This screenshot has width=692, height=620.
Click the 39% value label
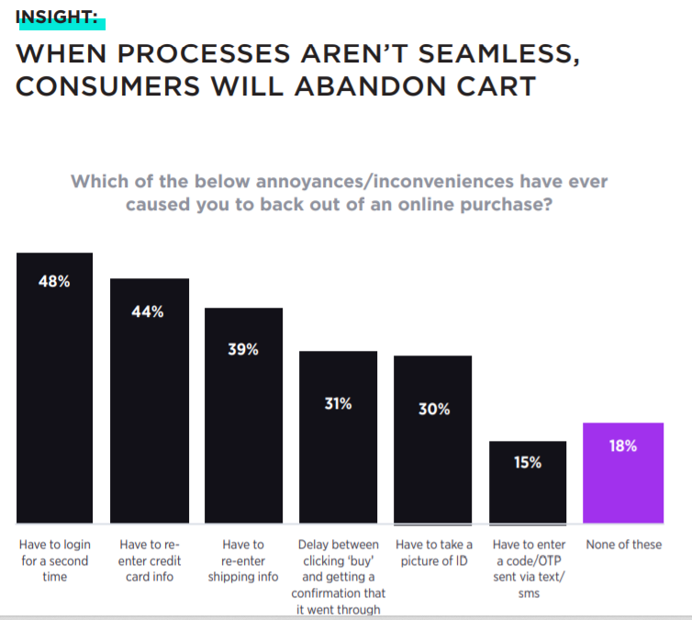pyautogui.click(x=243, y=350)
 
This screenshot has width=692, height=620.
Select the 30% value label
pyautogui.click(x=433, y=410)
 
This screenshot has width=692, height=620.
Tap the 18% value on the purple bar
pyautogui.click(x=623, y=445)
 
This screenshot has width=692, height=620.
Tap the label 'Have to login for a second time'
pyautogui.click(x=54, y=560)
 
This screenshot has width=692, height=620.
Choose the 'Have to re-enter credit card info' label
pyautogui.click(x=149, y=560)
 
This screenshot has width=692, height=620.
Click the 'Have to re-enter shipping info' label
pyautogui.click(x=243, y=560)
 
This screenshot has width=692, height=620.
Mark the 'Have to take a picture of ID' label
pyautogui.click(x=433, y=553)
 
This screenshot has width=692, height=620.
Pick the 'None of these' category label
pyautogui.click(x=623, y=545)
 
